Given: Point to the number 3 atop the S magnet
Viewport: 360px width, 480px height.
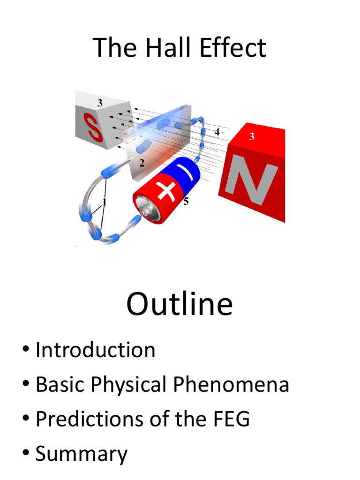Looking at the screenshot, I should tap(100, 103).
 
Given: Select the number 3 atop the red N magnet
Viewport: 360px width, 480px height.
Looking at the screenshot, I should tap(252, 137).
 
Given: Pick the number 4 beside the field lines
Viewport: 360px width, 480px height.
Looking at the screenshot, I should tap(217, 132).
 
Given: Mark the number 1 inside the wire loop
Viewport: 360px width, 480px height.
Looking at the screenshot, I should tap(104, 202).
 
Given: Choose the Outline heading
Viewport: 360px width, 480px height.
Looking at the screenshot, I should tap(180, 304).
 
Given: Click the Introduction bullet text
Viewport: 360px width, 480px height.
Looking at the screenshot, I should tap(96, 350).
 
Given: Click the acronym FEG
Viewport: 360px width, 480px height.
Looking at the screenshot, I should tap(229, 419).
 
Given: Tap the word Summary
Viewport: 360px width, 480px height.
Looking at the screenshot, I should tap(81, 454).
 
